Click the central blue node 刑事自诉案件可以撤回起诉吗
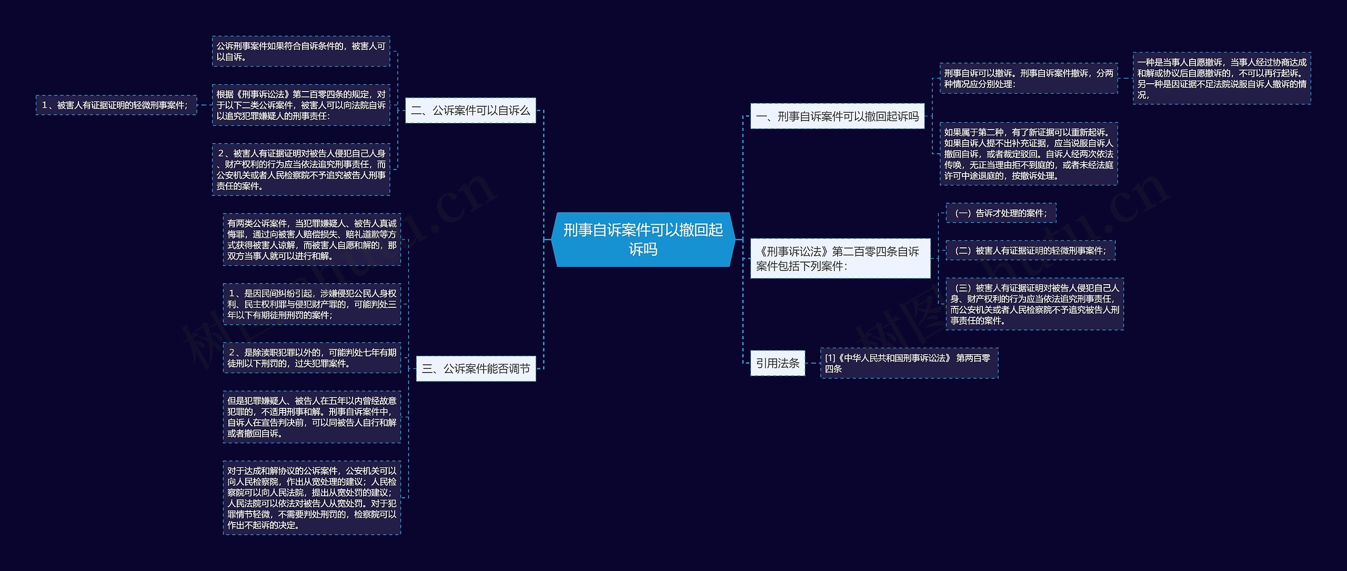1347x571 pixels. tap(642, 239)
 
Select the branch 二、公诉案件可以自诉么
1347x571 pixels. tap(470, 111)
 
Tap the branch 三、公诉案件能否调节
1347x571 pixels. tap(476, 368)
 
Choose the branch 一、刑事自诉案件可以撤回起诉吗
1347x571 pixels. tap(837, 116)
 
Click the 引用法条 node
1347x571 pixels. tap(777, 363)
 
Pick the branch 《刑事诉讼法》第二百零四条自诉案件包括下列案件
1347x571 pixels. tap(840, 258)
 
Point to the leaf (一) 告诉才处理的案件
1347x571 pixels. tap(1000, 213)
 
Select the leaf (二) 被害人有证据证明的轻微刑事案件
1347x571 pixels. tap(1030, 251)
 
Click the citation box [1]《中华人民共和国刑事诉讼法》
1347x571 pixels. tap(909, 363)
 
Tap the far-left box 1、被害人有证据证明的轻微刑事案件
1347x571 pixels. tap(116, 105)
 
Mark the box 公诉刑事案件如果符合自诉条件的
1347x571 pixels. tap(301, 52)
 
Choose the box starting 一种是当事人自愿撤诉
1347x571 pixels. tap(1221, 78)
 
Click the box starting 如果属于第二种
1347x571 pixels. tap(1028, 154)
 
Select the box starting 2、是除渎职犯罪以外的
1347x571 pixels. tap(311, 358)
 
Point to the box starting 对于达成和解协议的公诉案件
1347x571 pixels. tap(311, 498)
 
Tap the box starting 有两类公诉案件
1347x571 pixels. tap(311, 239)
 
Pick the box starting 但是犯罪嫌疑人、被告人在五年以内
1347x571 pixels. tap(311, 417)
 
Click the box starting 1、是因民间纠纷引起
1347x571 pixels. tap(311, 304)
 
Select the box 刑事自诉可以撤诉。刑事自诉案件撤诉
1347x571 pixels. tap(1028, 78)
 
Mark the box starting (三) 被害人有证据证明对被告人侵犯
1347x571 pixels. tap(1034, 304)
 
